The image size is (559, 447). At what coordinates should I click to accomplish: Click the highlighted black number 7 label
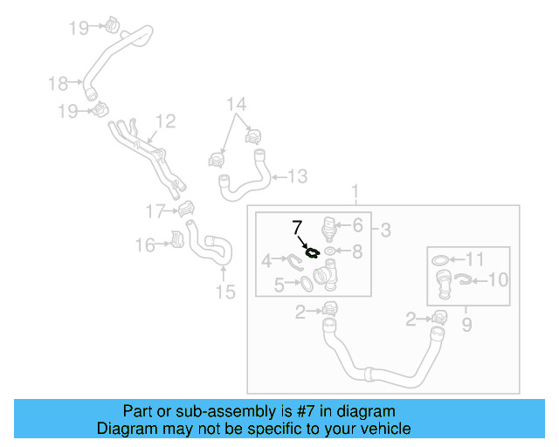click(x=296, y=229)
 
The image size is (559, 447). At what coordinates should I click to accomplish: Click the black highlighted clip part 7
click(x=311, y=254)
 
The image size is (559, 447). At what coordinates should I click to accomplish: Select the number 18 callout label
click(x=59, y=84)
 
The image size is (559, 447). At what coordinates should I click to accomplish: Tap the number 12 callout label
click(x=166, y=121)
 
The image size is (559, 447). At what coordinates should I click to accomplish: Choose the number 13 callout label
click(x=297, y=177)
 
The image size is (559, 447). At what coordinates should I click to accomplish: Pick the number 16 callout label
click(x=145, y=246)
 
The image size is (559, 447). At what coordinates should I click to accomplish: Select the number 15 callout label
click(x=225, y=292)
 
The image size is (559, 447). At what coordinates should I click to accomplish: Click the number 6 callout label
click(x=357, y=225)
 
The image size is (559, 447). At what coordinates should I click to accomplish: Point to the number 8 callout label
click(x=356, y=251)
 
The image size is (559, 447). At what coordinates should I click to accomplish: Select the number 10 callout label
click(x=497, y=280)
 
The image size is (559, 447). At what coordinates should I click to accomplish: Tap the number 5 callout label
click(x=279, y=284)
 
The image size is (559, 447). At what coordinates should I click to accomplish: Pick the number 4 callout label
click(x=266, y=259)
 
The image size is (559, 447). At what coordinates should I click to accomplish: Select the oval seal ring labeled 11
click(x=442, y=260)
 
